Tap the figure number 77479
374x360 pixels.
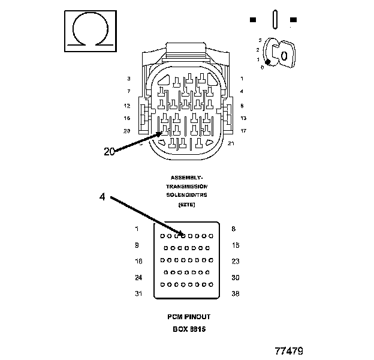click(289, 349)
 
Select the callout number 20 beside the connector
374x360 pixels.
click(109, 152)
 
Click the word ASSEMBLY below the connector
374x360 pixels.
click(186, 178)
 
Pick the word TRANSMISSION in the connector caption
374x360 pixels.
click(186, 186)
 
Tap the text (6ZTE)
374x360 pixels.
click(186, 204)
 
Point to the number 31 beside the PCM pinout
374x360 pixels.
click(138, 293)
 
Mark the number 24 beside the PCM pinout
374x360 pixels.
click(138, 277)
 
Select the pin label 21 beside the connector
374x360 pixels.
click(231, 143)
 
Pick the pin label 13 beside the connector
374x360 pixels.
click(243, 118)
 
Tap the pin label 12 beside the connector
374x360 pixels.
click(127, 105)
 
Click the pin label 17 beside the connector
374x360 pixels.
click(243, 131)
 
